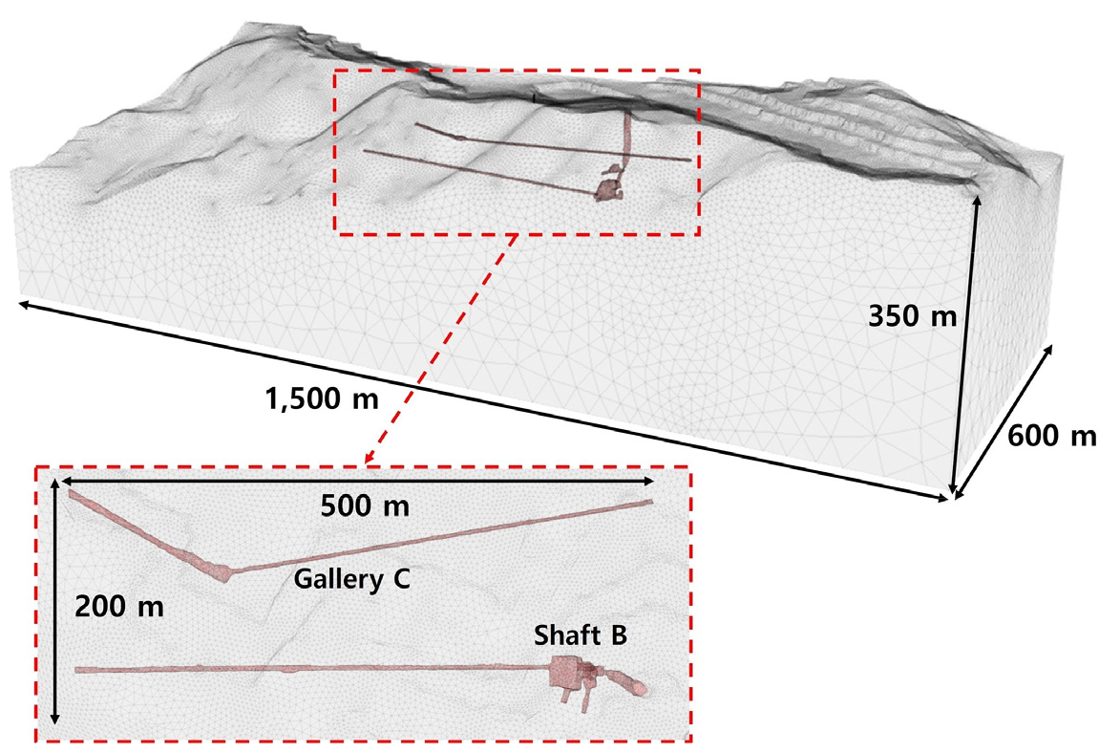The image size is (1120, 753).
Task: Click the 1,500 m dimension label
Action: [322, 398]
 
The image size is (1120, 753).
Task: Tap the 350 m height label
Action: [912, 314]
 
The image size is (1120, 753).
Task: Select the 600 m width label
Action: [1051, 436]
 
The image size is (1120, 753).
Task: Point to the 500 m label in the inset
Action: [365, 506]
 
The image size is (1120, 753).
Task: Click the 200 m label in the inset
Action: [119, 607]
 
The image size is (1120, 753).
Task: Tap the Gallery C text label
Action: [352, 578]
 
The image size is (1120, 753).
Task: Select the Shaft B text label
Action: [581, 635]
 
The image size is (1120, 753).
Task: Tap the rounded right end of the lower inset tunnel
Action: [640, 688]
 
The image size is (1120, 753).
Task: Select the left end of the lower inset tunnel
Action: [78, 670]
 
